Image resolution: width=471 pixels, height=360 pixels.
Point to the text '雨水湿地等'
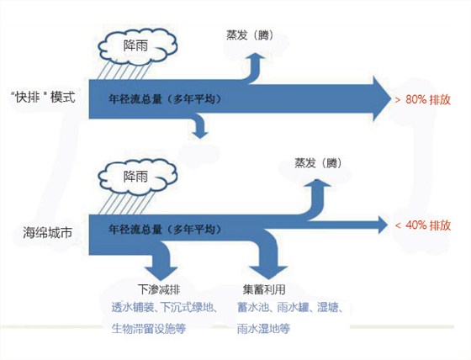point(263,328)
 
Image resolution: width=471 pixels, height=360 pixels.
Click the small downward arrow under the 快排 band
point(199,126)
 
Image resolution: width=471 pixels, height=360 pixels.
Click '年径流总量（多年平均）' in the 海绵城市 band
point(165,228)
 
